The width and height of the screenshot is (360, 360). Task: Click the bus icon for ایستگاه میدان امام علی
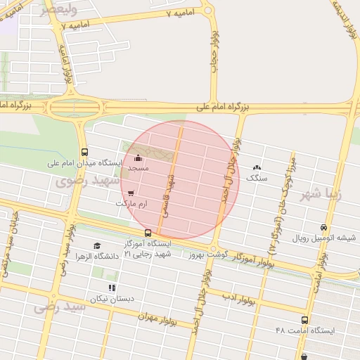click(x=85, y=152)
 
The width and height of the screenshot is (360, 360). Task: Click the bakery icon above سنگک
click(x=256, y=168)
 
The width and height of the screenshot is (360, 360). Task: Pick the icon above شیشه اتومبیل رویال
click(x=323, y=227)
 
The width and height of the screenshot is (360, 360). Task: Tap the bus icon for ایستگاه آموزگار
click(x=148, y=233)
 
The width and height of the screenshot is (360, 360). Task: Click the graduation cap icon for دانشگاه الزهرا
click(x=96, y=245)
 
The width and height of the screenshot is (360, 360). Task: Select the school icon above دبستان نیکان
click(x=111, y=288)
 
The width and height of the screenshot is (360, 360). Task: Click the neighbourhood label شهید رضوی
click(x=79, y=181)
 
